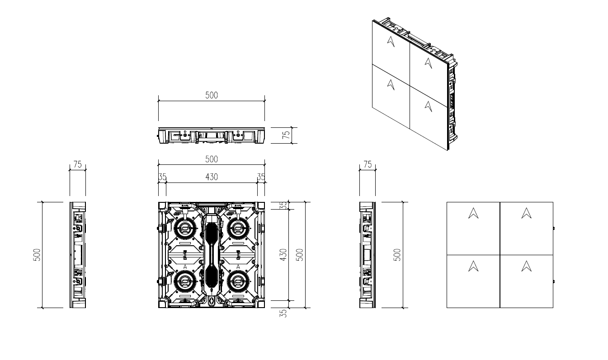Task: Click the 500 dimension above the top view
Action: coord(212,95)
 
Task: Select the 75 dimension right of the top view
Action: coord(286,135)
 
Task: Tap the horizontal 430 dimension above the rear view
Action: coord(212,177)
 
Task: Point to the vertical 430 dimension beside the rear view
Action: coord(283,255)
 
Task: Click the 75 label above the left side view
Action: coord(78,164)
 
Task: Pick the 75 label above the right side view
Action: coord(368,164)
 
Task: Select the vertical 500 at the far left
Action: coord(37,255)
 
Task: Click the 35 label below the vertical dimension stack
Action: coord(283,313)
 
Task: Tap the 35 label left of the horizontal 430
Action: coord(162,177)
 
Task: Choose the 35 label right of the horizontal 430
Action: coord(261,177)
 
